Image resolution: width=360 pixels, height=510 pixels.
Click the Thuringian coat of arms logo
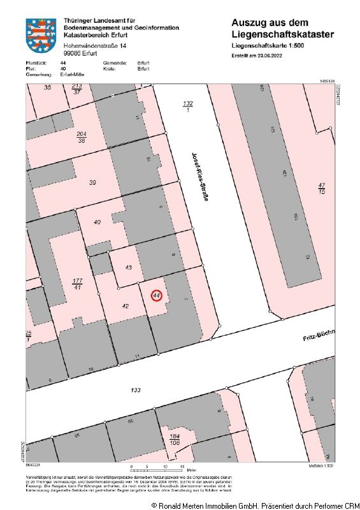[x=41, y=36]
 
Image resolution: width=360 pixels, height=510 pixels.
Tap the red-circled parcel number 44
[x=157, y=296]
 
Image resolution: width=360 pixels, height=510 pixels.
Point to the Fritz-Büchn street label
[x=318, y=335]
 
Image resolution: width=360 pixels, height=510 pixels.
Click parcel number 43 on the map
[x=128, y=268]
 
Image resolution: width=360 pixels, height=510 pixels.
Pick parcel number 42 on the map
[x=126, y=307]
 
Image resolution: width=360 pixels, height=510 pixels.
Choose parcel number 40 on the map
[x=97, y=222]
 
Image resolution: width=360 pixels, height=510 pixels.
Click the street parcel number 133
[x=135, y=390]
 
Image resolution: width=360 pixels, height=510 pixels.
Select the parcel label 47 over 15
[x=322, y=188]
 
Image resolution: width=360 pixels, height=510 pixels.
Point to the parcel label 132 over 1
[x=187, y=106]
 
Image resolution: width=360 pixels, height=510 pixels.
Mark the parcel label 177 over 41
[x=78, y=284]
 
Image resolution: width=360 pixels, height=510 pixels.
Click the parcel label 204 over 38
[x=81, y=137]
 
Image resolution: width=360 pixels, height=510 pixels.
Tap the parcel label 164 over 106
[x=175, y=440]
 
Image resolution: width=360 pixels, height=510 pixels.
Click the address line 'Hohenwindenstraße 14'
[x=95, y=47]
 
